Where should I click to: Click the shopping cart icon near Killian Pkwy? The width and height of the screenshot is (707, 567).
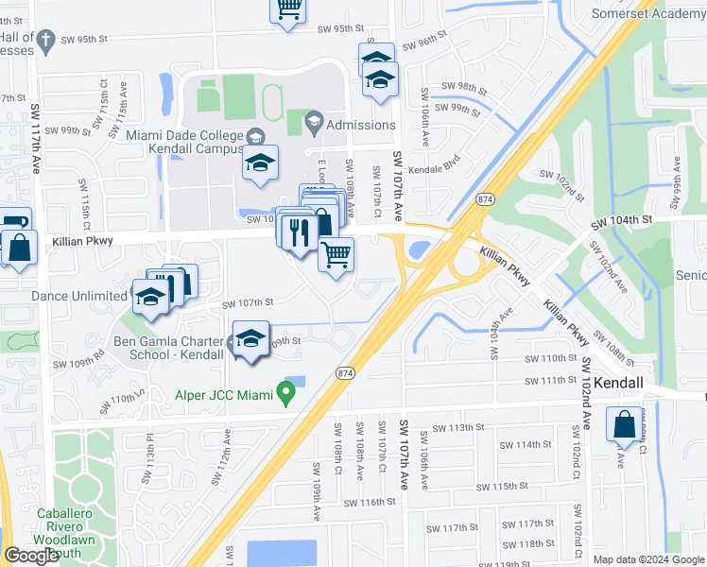pyautogui.click(x=336, y=253)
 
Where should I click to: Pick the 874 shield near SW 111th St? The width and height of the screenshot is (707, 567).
pyautogui.click(x=343, y=374)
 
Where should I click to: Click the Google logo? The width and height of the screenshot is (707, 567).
pyautogui.click(x=31, y=556)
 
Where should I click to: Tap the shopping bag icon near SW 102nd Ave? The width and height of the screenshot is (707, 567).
pyautogui.click(x=626, y=424)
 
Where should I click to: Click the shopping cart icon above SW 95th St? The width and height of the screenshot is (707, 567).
pyautogui.click(x=289, y=9)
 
